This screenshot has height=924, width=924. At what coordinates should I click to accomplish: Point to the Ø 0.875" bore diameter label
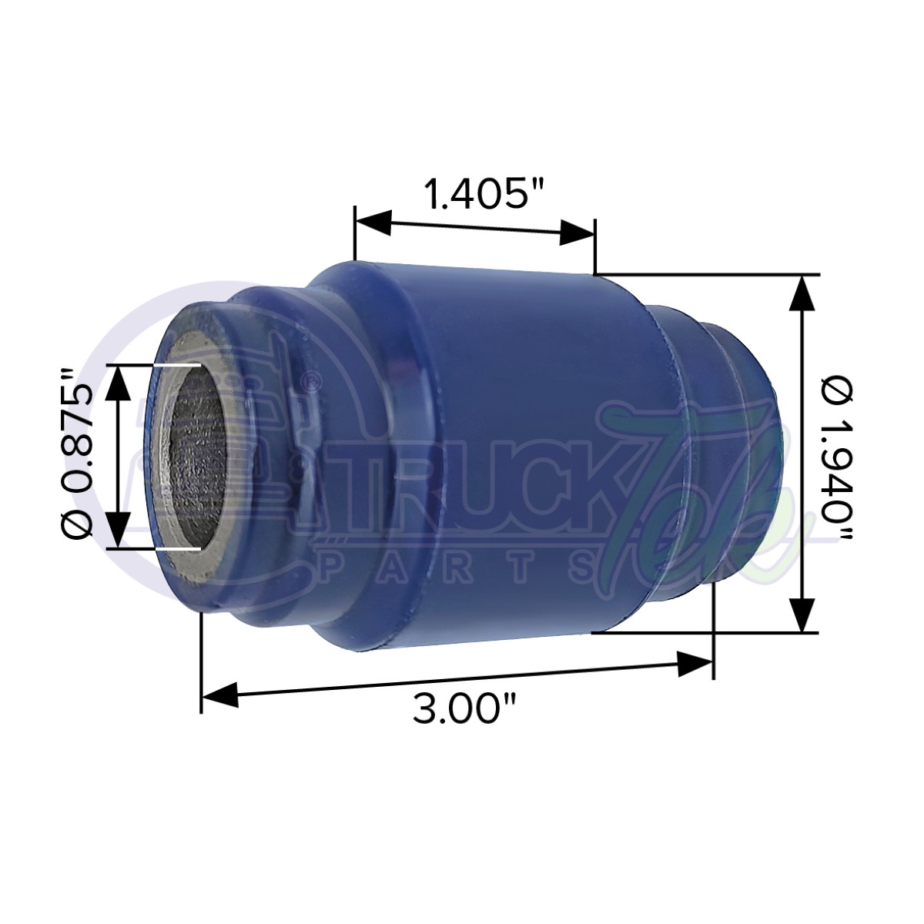pos(77,454)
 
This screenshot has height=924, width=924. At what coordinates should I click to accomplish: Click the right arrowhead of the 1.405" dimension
pos(577,233)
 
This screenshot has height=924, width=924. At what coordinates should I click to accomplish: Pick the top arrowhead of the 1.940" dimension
pos(803,293)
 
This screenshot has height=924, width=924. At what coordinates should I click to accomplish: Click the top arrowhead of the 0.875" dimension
pos(118,381)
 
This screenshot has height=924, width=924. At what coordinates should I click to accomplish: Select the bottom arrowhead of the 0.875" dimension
pos(118,530)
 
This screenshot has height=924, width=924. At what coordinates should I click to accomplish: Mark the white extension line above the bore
pos(176,364)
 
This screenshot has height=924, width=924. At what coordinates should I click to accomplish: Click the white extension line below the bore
pos(176,548)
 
